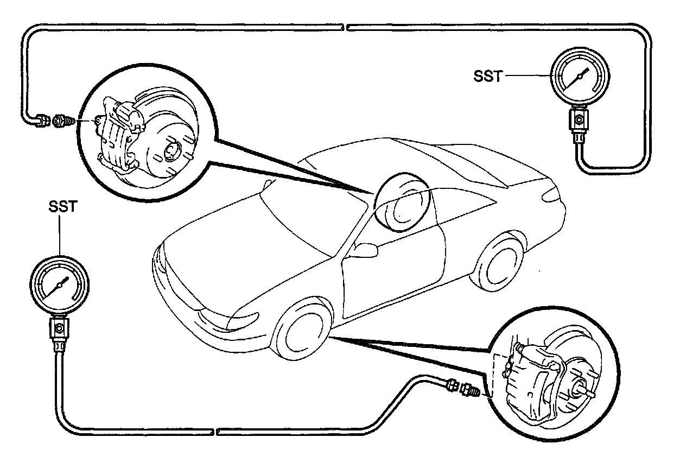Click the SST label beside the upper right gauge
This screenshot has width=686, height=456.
[x=487, y=77]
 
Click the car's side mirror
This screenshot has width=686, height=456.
[x=365, y=250]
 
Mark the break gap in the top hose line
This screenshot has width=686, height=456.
[x=345, y=26]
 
